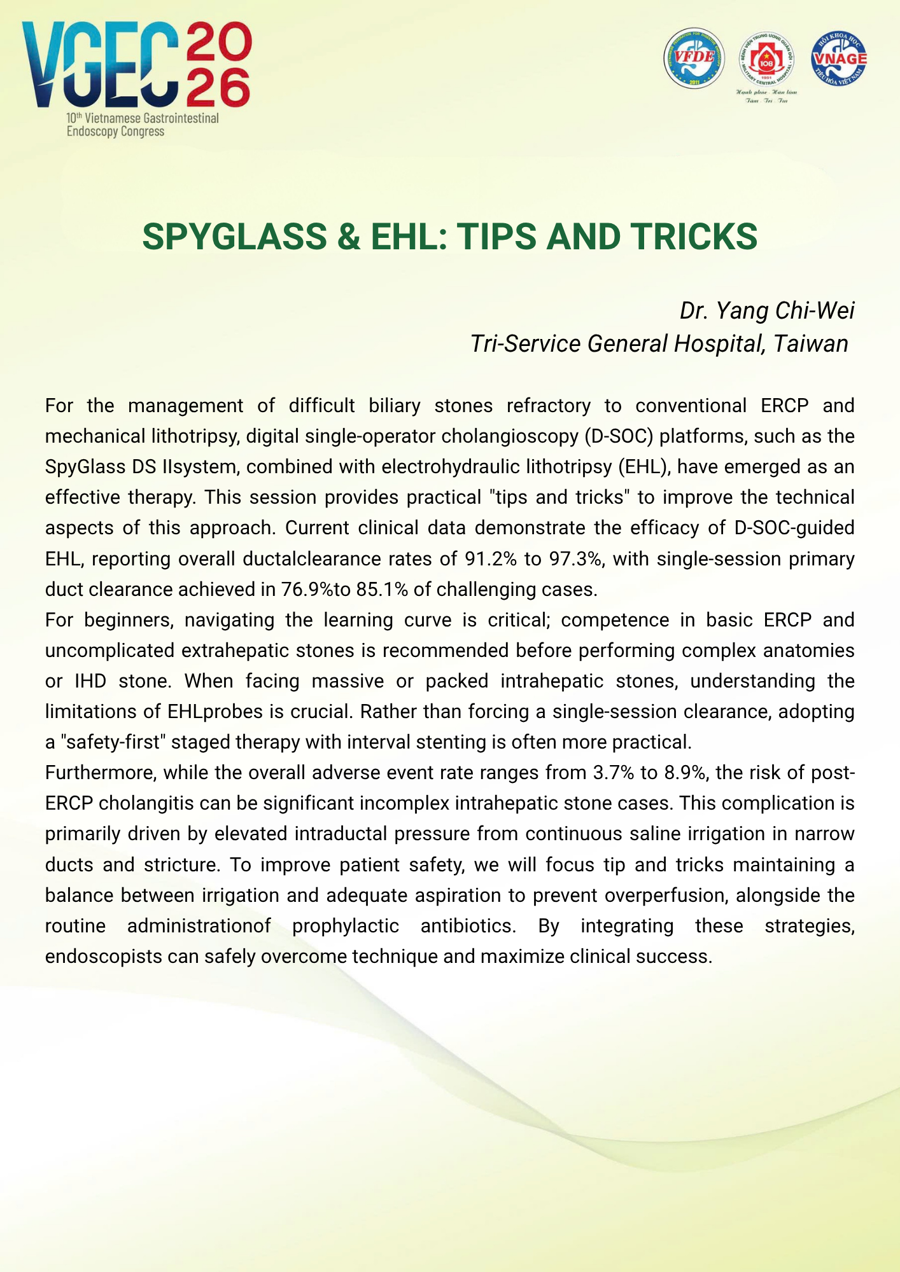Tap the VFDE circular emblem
(x=694, y=58)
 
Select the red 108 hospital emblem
(x=766, y=60)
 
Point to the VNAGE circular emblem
(x=839, y=58)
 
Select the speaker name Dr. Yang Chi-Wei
(x=767, y=310)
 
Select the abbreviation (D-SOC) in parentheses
(x=614, y=436)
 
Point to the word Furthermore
(x=101, y=773)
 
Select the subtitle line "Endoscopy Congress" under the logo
(x=116, y=132)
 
